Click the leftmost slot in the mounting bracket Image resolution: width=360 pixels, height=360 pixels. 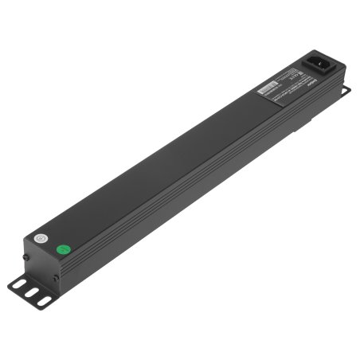(18, 284)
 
